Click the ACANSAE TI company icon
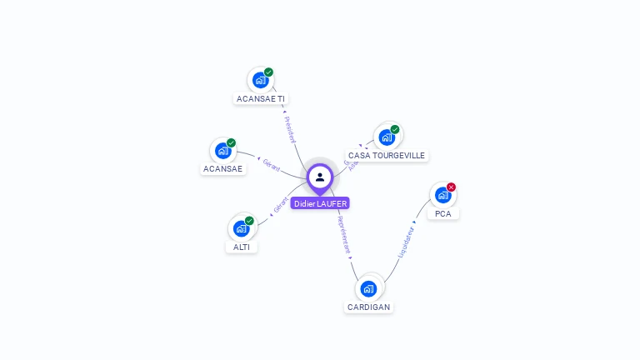261,81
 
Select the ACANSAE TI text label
261,98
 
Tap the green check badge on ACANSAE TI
268,72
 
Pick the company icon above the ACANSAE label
222,151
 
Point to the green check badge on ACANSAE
231,143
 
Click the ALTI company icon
242,228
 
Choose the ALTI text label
242,247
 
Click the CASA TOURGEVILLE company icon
387,137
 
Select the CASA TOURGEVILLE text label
387,155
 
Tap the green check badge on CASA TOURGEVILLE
395,130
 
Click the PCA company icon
442,195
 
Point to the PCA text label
443,213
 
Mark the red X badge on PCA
451,187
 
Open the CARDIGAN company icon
368,288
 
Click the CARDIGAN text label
368,307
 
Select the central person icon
320,177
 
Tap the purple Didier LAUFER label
320,203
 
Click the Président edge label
289,129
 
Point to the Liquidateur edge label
407,242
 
